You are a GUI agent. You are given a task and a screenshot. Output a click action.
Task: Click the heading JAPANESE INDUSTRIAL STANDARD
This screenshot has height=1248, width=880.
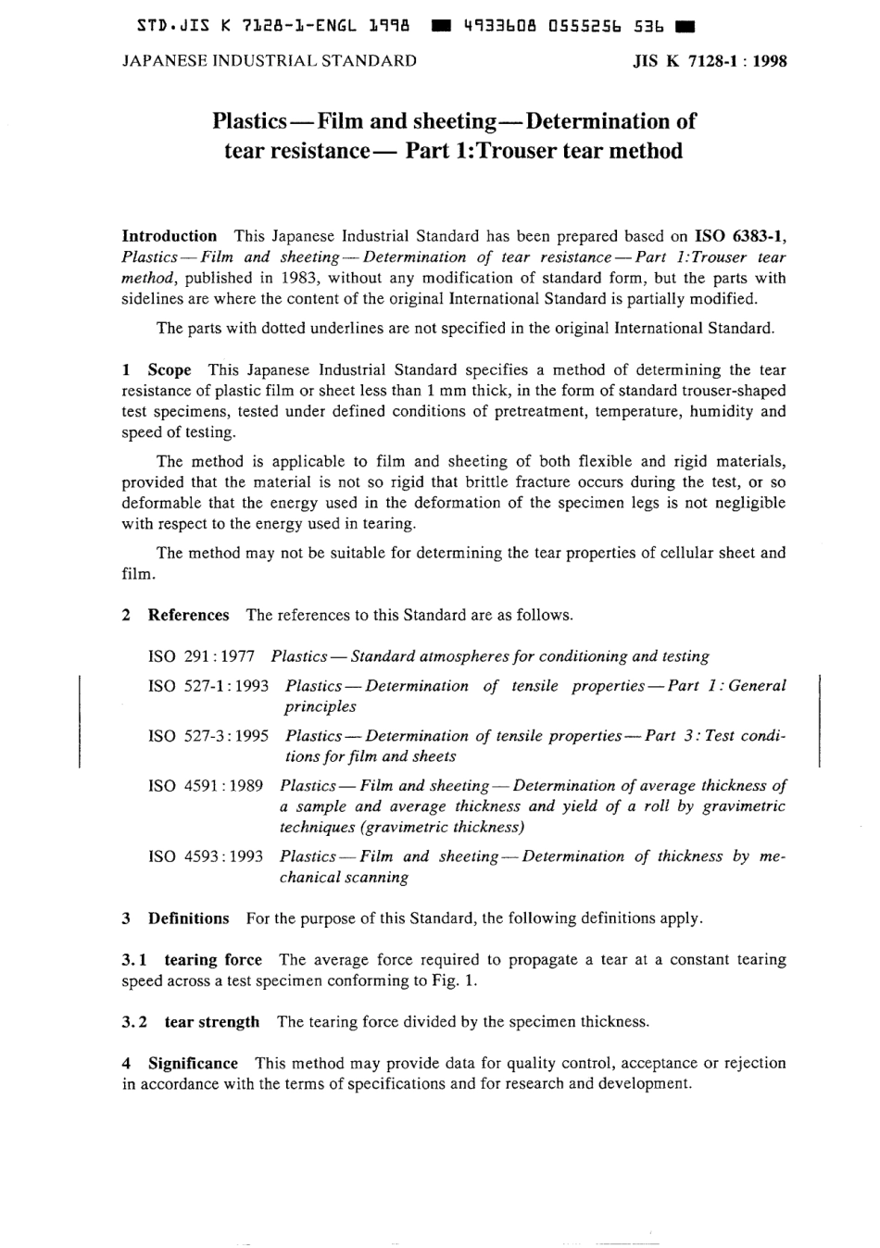[269, 62]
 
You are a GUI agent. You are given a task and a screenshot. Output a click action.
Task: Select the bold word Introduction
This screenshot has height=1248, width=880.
[170, 236]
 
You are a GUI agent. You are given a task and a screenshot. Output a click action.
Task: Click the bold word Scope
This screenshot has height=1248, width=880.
[170, 369]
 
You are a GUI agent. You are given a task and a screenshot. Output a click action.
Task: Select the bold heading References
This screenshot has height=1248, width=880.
[188, 616]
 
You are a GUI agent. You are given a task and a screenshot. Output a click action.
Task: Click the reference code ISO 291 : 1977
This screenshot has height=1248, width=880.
[201, 656]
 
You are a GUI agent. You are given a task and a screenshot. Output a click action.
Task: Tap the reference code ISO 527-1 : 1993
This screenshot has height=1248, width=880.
[208, 686]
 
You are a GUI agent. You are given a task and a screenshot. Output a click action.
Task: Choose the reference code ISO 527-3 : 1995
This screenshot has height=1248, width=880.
[208, 736]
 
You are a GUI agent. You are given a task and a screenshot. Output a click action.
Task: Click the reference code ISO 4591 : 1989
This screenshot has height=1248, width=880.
[206, 786]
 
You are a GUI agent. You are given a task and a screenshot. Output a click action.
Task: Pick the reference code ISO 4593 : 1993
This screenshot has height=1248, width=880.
[206, 856]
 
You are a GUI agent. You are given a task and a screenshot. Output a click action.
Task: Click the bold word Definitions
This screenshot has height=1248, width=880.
[188, 919]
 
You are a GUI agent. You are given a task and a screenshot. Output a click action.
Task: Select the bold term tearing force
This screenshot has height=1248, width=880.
[213, 960]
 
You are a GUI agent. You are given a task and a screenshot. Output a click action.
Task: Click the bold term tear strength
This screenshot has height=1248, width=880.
[212, 1023]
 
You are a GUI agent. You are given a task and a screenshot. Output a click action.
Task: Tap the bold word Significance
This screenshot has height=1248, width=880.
[193, 1064]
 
